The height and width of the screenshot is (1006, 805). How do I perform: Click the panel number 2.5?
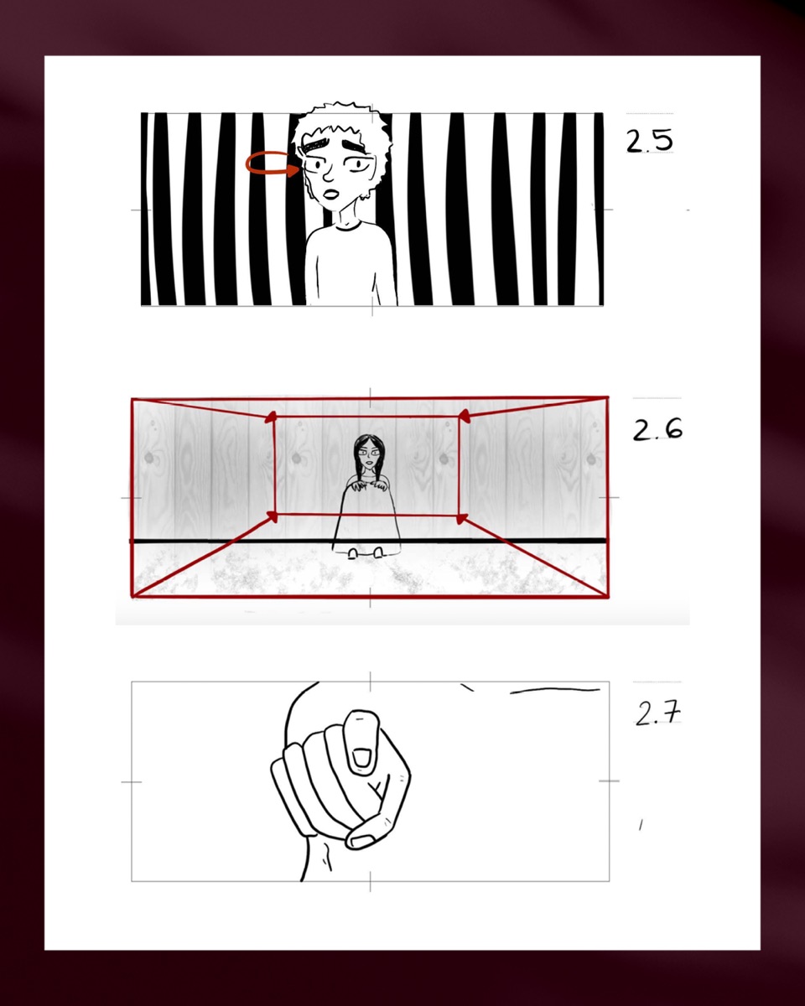click(649, 140)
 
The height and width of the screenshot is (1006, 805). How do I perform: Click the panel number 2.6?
click(657, 429)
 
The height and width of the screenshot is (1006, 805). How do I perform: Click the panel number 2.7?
click(657, 713)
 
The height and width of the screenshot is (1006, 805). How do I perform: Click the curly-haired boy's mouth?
click(331, 193)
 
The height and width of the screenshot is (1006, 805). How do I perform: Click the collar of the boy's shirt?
click(348, 226)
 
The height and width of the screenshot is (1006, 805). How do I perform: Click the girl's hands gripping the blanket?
click(370, 486)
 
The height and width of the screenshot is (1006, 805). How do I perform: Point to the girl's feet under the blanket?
click(366, 553)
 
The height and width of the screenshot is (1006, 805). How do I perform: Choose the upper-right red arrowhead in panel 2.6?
click(463, 416)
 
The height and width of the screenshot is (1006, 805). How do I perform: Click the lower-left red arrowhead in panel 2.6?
click(272, 516)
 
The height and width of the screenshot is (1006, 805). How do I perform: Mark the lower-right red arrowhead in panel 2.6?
click(462, 518)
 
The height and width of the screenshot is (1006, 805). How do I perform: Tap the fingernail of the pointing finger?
click(361, 757)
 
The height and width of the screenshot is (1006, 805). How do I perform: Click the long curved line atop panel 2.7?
click(555, 689)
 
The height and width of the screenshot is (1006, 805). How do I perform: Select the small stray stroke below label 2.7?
click(641, 825)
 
